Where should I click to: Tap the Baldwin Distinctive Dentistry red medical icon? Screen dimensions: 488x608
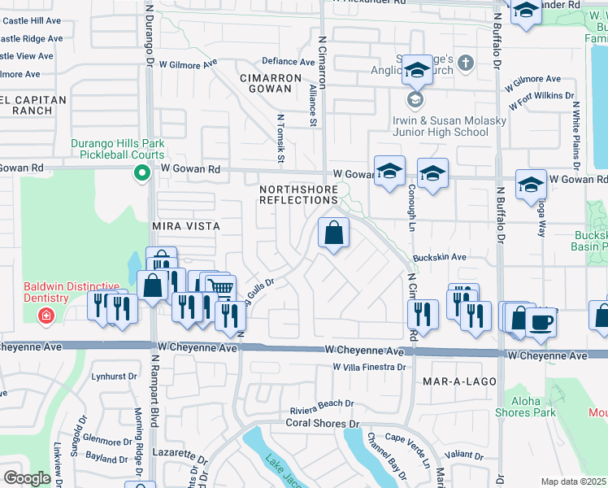(46, 314)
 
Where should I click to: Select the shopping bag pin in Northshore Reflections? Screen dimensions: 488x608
(333, 234)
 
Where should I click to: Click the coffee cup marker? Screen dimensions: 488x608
(540, 320)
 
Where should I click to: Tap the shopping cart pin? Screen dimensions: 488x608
(221, 288)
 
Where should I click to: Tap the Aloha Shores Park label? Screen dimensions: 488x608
(533, 407)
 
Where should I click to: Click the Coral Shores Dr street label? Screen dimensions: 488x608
(322, 424)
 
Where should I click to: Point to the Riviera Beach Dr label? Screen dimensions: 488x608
(321, 403)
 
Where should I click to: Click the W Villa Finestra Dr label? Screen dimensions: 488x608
(369, 368)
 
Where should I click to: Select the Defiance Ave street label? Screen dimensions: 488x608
(288, 62)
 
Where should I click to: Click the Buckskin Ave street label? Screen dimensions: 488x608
(439, 257)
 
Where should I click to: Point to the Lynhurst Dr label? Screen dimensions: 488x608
(115, 377)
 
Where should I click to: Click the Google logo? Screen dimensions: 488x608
(26, 478)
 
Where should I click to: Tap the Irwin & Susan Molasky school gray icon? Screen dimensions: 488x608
(415, 99)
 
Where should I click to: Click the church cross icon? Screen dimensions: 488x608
(465, 62)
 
